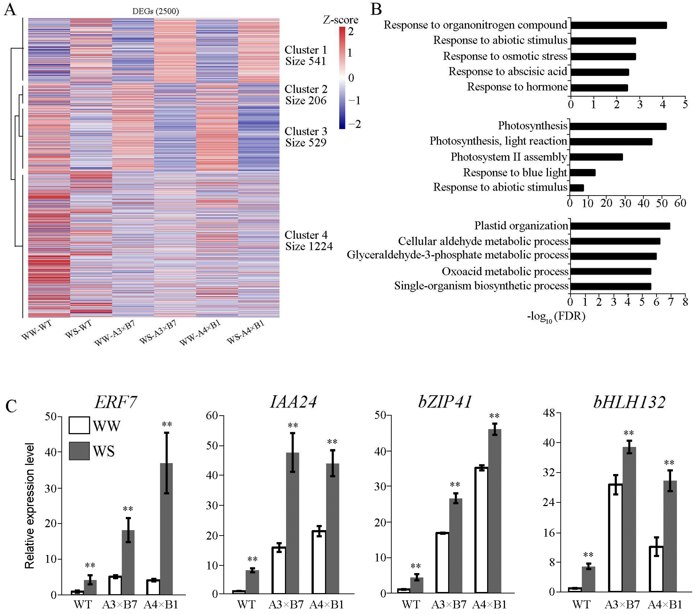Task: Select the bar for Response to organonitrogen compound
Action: [x=619, y=25]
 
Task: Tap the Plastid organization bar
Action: [x=620, y=226]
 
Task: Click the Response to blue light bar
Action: [x=582, y=173]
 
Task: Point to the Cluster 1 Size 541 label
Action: [x=306, y=56]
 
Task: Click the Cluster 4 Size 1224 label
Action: [x=308, y=241]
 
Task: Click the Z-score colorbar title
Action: [x=340, y=20]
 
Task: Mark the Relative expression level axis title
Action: [x=30, y=506]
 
